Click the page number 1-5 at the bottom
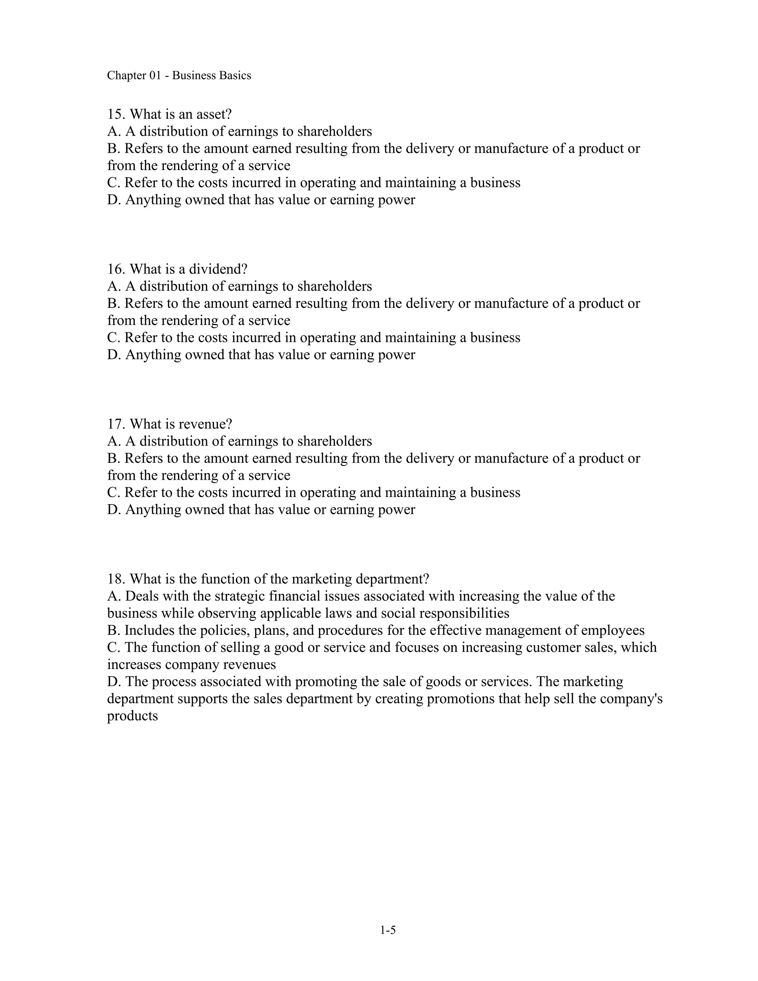(x=388, y=930)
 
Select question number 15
(x=116, y=114)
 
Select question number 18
(x=116, y=579)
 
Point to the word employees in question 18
(x=613, y=630)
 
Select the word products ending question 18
(x=133, y=716)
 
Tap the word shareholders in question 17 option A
(x=335, y=441)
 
